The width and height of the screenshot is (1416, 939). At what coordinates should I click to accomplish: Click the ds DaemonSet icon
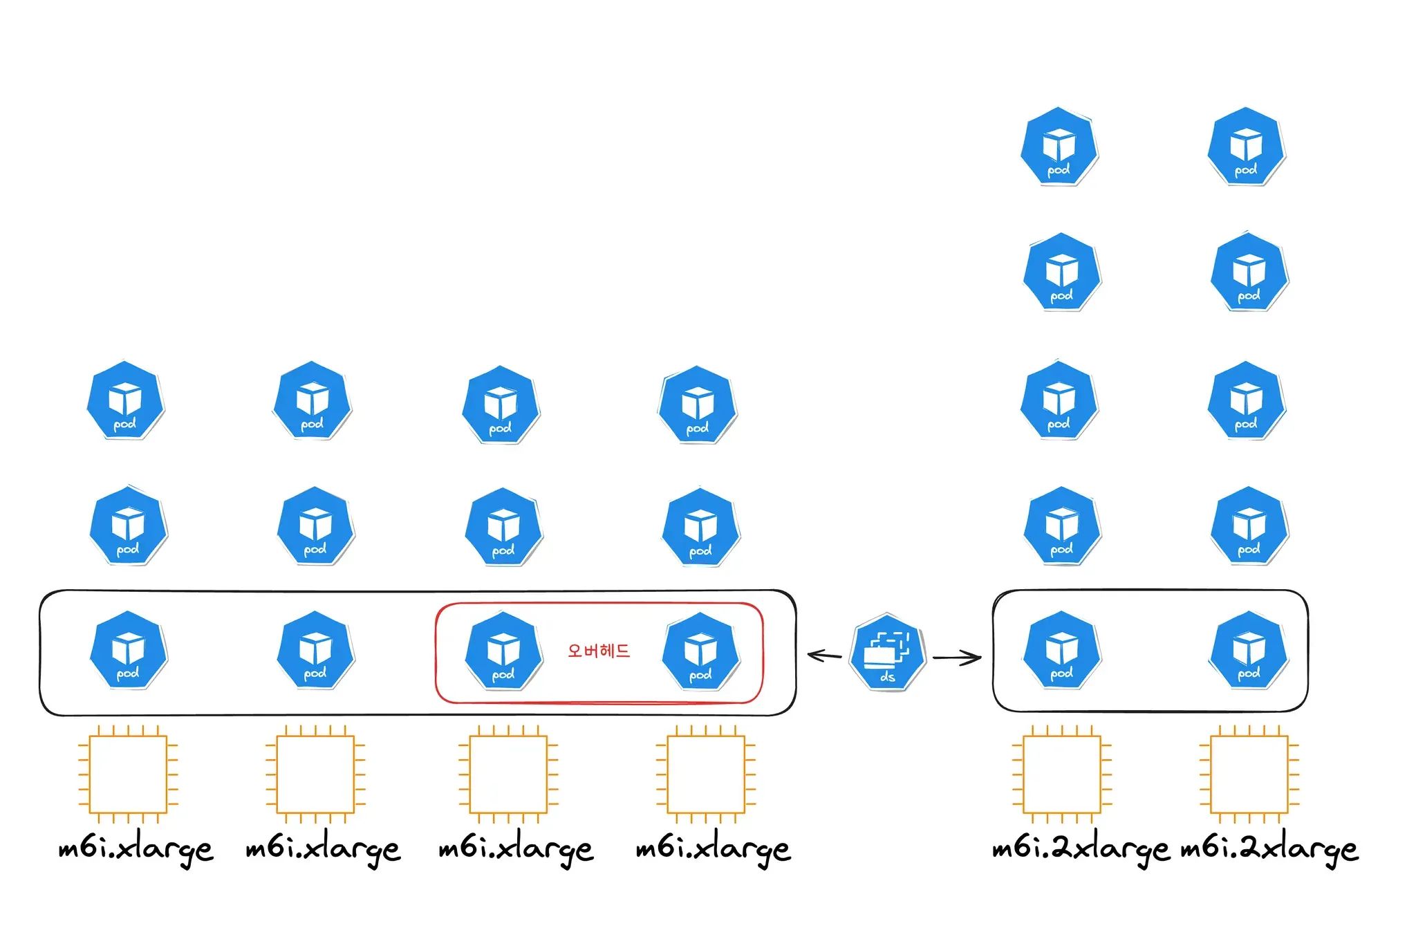888,651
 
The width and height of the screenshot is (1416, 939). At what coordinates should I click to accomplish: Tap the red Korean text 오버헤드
599,651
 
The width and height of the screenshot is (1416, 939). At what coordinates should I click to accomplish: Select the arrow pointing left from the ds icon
824,655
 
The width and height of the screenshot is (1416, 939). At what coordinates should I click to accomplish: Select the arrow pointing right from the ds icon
958,658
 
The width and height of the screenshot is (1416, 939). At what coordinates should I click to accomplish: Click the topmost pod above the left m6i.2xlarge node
1059,147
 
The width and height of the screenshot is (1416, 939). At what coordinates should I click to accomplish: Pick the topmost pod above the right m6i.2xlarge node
1246,147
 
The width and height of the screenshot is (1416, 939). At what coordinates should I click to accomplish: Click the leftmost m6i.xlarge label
136,849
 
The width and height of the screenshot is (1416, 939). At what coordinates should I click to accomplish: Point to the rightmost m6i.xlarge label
713,849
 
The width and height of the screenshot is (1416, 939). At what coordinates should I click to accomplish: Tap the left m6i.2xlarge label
1080,849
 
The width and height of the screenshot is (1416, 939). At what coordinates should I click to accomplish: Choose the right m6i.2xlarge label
1269,849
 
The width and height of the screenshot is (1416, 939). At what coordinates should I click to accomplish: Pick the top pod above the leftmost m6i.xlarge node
126,400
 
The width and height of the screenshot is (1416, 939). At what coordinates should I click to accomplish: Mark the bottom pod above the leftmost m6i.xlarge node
129,650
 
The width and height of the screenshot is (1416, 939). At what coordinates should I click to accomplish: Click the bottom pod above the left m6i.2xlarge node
1062,650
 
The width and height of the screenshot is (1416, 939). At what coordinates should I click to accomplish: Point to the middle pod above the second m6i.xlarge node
315,526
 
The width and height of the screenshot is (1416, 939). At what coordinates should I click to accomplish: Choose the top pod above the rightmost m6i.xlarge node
697,405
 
